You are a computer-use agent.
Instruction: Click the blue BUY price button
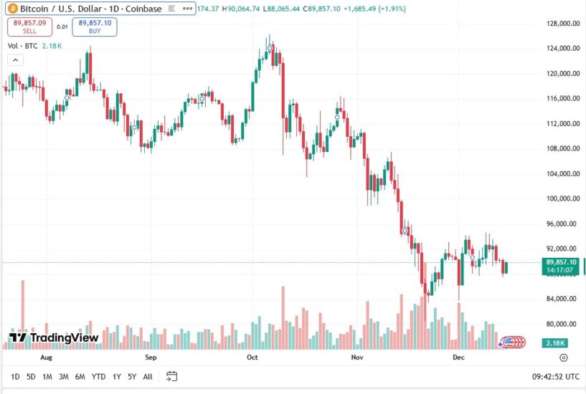click(x=95, y=27)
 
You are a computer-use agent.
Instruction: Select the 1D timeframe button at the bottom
click(x=15, y=376)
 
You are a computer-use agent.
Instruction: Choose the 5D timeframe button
click(x=31, y=376)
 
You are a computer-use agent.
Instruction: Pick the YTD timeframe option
click(x=99, y=376)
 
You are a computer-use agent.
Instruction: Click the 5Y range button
click(x=132, y=376)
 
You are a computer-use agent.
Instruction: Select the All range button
click(x=148, y=376)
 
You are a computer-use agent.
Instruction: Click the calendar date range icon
click(x=171, y=375)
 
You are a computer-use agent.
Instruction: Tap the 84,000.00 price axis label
click(x=563, y=299)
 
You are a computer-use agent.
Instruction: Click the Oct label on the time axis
click(x=252, y=356)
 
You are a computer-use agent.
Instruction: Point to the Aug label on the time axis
click(x=47, y=356)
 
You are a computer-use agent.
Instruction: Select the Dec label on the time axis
click(x=458, y=356)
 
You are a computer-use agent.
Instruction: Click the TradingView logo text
click(x=54, y=337)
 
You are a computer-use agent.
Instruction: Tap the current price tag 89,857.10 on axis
click(x=562, y=262)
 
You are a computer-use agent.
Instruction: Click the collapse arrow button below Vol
click(x=14, y=59)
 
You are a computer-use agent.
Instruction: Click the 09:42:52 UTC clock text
click(x=556, y=376)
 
